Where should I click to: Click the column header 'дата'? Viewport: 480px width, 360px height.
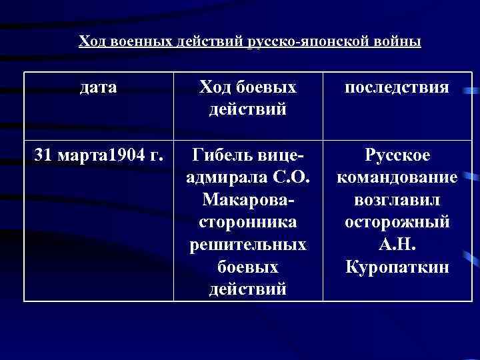point(98,87)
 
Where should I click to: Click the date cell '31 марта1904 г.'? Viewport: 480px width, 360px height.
point(98,157)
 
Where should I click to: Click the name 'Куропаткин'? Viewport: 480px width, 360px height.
point(397,267)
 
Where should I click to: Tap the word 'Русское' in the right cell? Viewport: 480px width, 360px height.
point(397,157)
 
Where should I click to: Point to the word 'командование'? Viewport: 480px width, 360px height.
point(397,179)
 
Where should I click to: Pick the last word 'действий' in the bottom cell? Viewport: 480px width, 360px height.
point(247,289)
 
